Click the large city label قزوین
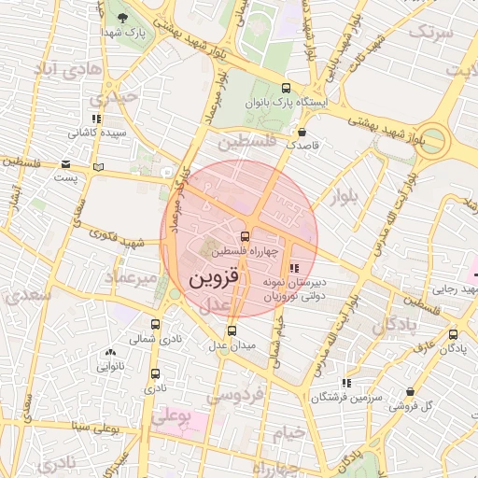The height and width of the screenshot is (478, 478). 215,277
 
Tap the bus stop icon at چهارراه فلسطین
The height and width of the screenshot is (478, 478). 245,236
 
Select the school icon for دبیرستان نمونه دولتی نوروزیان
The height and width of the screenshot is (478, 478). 296,269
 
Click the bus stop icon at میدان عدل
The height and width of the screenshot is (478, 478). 232,330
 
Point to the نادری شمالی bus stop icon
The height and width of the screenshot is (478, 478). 155,325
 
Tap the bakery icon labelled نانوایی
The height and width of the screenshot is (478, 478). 111,352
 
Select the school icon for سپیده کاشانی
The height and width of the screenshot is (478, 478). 96,119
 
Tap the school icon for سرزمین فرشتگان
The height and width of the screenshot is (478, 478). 345,383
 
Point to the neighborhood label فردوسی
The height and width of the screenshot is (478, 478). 235,396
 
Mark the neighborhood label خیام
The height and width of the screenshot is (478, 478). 288,432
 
